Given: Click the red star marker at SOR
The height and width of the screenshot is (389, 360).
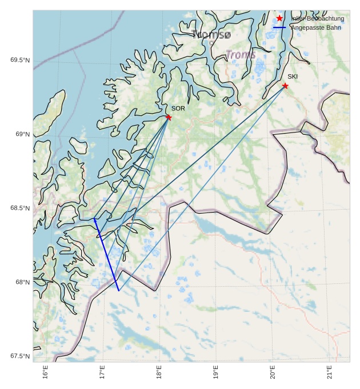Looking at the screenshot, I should click(169, 118).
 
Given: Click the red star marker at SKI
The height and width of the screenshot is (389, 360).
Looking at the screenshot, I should click(285, 86).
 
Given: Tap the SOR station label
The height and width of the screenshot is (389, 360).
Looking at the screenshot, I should click(178, 108).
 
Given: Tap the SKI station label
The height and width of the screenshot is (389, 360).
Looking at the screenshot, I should click(293, 77).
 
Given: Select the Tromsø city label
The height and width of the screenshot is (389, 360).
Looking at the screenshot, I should click(213, 35).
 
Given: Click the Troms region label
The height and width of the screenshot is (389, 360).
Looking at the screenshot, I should click(241, 55).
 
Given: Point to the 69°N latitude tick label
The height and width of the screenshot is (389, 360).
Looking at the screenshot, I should click(23, 134).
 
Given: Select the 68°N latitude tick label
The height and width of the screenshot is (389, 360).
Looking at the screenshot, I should click(23, 282).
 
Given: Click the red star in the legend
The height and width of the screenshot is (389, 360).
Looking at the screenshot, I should click(279, 18).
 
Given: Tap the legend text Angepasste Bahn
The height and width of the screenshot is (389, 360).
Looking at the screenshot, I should click(316, 27).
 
